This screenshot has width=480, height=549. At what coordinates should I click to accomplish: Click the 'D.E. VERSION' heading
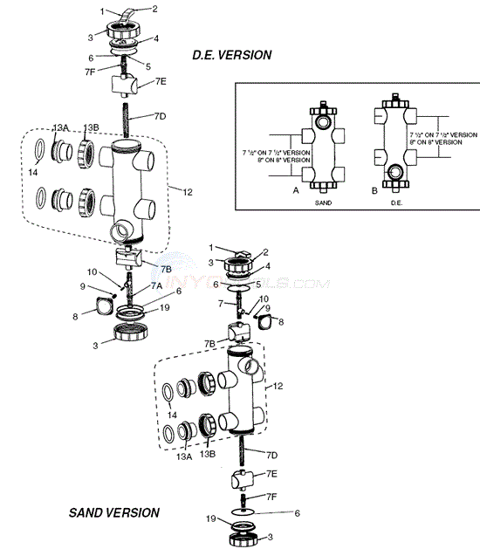point(231,55)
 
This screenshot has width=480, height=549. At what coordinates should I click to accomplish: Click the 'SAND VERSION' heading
point(114,512)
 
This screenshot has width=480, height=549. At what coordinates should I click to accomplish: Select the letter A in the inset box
point(297,189)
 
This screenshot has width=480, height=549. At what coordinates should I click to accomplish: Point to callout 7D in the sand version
point(273,455)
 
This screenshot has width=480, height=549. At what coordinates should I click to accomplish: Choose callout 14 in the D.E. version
point(35,174)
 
